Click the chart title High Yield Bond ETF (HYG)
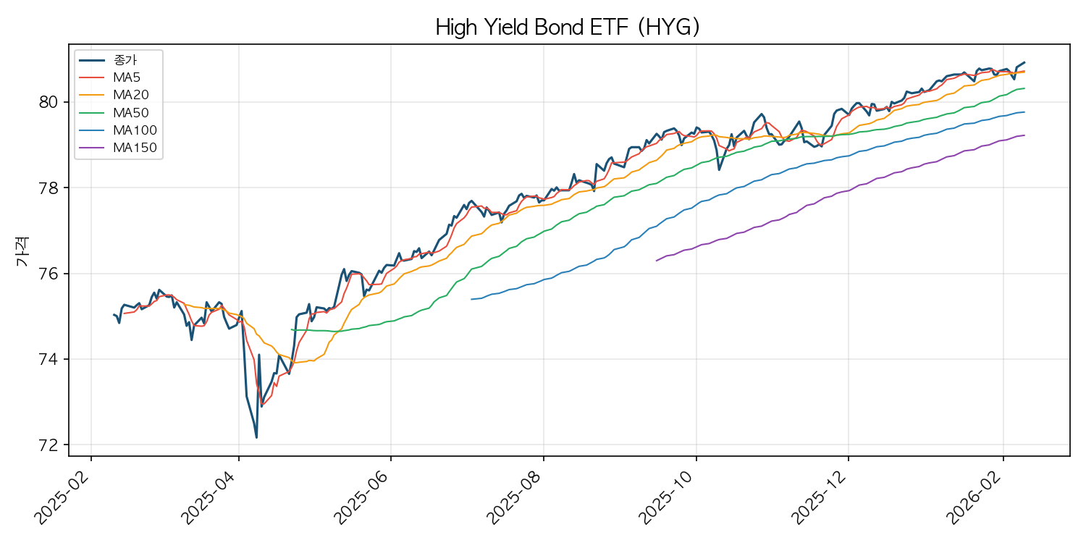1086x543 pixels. tap(568, 28)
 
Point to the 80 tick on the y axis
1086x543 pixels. tap(48, 102)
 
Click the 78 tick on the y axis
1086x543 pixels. tap(48, 188)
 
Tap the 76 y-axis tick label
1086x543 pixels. tap(48, 274)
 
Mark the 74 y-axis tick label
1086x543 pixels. tap(48, 360)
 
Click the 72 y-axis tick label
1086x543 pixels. tap(48, 445)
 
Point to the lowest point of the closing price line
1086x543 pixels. tap(256, 437)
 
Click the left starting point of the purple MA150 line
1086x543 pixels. tap(657, 261)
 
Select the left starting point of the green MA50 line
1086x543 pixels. tap(291, 329)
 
